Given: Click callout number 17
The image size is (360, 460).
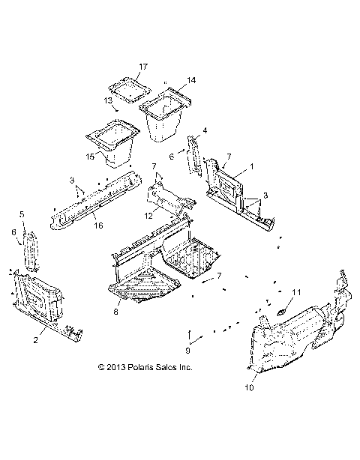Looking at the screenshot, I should (x=143, y=67).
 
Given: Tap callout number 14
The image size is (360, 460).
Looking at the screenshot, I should (x=191, y=80).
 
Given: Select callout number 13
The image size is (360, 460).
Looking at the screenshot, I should (x=109, y=100).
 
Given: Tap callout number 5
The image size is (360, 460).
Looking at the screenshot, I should (x=22, y=214).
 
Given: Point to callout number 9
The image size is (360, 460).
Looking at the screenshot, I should (x=189, y=349).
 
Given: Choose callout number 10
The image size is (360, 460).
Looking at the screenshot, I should (x=250, y=387).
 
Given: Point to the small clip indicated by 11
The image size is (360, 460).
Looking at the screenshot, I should (x=283, y=309).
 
